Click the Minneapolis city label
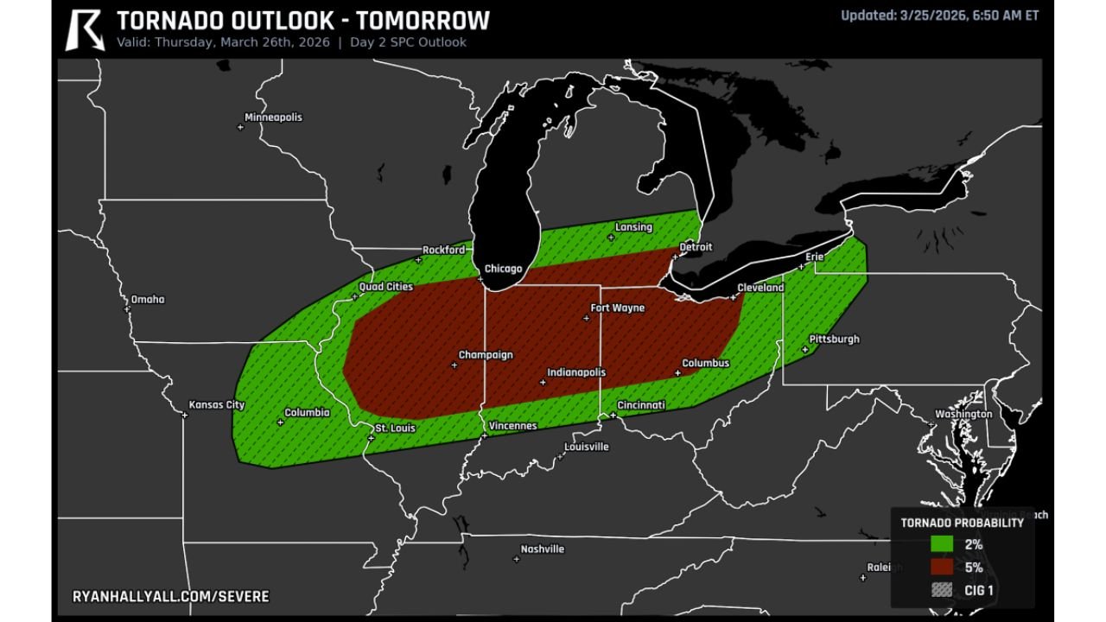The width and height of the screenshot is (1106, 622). pos(273,117)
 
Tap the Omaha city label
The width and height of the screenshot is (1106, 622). pos(147,300)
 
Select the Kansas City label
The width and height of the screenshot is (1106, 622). pos(217,404)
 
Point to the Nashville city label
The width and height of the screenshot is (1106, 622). pos(542,549)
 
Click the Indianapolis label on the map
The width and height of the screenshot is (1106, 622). pos(576,372)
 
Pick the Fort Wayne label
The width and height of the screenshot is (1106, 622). pos(617,308)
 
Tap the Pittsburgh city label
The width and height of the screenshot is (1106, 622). pos(834,340)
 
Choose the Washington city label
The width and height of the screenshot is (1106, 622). pos(963,414)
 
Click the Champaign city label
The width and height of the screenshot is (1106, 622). pos(485,355)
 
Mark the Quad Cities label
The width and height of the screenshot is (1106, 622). pos(385,287)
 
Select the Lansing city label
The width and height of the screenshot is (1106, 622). pos(633,227)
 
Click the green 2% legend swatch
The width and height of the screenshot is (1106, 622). pos(942,544)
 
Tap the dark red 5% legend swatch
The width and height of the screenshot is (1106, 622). pos(942,568)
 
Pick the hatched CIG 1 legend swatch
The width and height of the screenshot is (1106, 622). pos(942,590)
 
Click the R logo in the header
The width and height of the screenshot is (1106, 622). pos(85,29)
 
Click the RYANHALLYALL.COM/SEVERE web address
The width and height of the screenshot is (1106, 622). pos(170,597)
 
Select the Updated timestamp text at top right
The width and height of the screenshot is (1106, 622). pos(939,15)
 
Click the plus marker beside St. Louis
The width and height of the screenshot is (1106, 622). pos(371,439)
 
